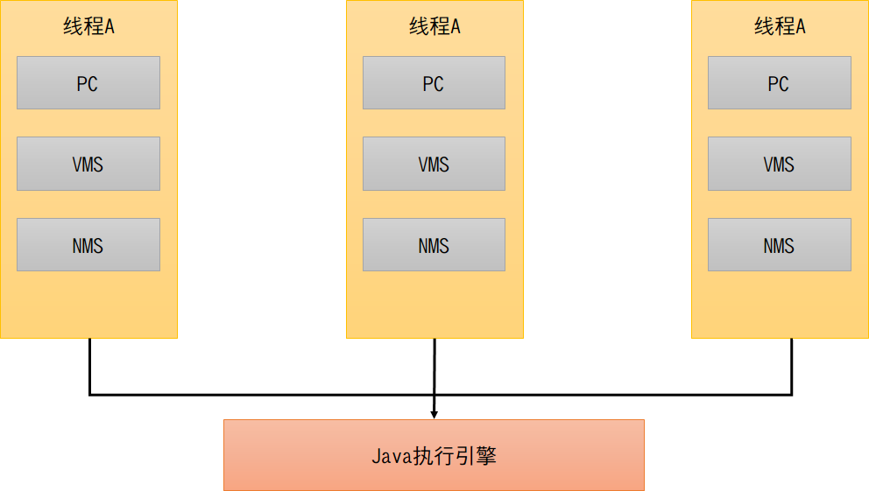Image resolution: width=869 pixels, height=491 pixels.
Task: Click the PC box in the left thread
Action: click(x=88, y=83)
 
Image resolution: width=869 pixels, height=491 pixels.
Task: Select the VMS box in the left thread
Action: click(x=88, y=164)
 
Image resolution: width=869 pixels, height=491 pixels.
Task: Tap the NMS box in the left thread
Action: click(x=88, y=245)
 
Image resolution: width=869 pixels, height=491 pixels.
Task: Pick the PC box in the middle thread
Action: click(x=434, y=83)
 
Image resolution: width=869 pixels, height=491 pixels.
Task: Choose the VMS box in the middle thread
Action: click(x=434, y=164)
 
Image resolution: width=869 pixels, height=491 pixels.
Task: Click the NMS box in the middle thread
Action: click(x=434, y=245)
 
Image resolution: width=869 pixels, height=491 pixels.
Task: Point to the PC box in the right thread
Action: click(x=779, y=83)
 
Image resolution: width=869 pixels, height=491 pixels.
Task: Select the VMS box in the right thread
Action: click(x=779, y=164)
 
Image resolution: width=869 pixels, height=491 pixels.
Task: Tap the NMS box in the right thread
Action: click(x=779, y=245)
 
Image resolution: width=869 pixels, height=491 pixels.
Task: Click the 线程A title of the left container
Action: click(x=88, y=26)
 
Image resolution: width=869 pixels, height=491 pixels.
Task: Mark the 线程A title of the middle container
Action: click(x=434, y=26)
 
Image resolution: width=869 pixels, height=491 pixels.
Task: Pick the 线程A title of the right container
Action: click(x=780, y=26)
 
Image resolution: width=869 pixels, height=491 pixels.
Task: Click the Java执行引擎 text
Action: click(x=434, y=456)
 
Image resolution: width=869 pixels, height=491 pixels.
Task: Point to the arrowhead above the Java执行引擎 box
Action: click(x=434, y=413)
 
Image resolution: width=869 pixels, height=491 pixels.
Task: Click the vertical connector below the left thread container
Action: click(x=90, y=366)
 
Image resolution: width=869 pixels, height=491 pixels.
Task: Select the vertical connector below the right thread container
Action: click(x=792, y=366)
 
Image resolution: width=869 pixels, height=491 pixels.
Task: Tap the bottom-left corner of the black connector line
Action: click(x=90, y=394)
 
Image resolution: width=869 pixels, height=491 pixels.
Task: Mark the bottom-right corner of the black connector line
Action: click(x=792, y=394)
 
